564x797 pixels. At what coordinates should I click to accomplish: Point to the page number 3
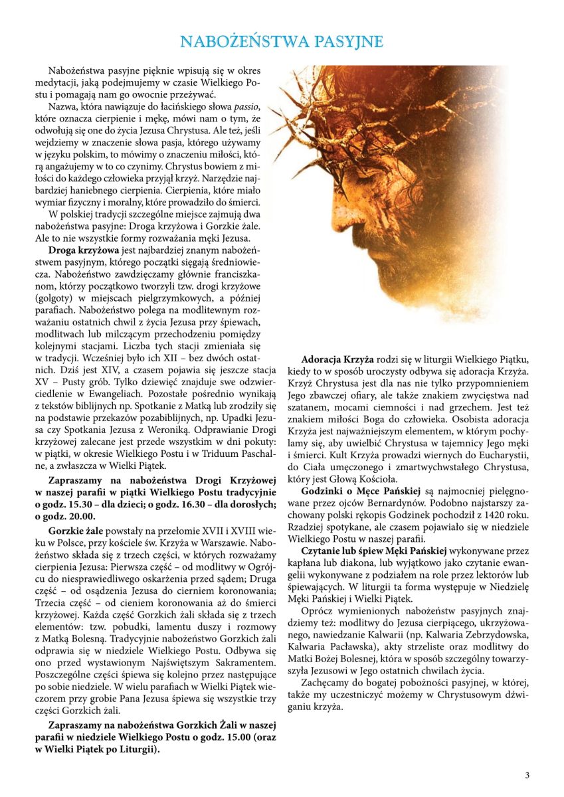pos(527,775)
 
